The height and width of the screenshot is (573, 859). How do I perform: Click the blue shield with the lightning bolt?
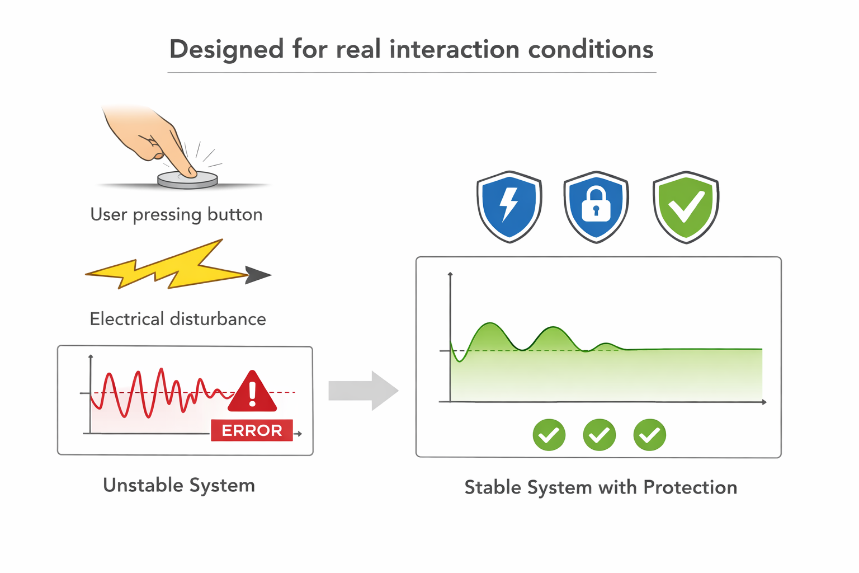[x=509, y=206]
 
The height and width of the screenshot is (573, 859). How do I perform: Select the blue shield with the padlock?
[x=596, y=206]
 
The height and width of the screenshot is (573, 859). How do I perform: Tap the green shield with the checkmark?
[x=686, y=206]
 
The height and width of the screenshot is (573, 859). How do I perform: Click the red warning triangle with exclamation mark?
[x=252, y=392]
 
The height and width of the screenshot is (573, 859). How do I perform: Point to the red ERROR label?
[x=252, y=430]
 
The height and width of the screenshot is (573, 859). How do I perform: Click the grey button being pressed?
[x=187, y=180]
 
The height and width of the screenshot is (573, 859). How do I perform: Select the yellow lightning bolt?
[x=167, y=265]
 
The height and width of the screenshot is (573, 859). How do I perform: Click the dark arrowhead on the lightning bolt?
[x=258, y=275]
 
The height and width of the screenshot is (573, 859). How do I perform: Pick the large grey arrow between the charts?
[x=364, y=391]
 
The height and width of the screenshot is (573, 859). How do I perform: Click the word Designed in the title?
[x=226, y=50]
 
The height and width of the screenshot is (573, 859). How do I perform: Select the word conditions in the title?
[x=591, y=49]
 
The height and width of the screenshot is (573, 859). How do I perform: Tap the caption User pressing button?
[x=176, y=214]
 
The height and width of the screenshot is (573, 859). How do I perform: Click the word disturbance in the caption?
[x=218, y=319]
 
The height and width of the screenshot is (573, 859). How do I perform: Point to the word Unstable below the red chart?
[x=144, y=485]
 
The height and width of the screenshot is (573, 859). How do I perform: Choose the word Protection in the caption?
[x=690, y=487]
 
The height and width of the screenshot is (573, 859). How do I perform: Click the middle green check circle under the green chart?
[x=600, y=435]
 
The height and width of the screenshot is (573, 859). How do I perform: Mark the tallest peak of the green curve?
[x=490, y=323]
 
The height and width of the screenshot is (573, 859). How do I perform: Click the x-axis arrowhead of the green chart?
[x=764, y=402]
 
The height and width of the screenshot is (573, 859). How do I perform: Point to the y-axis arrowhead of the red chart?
[x=91, y=357]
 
